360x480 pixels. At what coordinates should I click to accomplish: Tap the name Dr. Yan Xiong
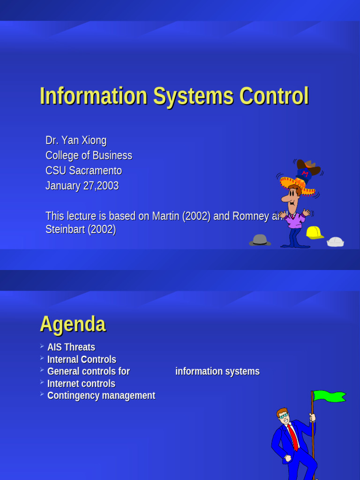pos(76,140)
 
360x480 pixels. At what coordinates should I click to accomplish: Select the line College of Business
pos(89,155)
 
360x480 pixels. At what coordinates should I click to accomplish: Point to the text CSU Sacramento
pos(83,171)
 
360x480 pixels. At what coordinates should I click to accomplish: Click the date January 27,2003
pos(82,186)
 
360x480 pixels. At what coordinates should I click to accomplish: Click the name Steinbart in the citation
pos(66,230)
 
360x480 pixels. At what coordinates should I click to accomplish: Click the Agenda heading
pos(73,324)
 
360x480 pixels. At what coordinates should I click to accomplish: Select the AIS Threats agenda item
pos(71,347)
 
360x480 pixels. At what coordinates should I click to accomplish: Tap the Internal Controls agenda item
pos(82,360)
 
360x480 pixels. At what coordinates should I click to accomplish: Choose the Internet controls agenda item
pos(81,383)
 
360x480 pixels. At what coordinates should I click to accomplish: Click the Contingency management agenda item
pos(101,396)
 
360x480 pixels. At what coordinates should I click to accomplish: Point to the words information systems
pos(217,371)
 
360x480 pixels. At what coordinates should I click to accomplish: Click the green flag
pos(329,397)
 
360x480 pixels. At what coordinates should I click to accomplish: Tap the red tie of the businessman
pos(293,435)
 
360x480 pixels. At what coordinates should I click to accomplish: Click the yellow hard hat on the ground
pos(315,232)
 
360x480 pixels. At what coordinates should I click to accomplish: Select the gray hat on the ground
pos(260,240)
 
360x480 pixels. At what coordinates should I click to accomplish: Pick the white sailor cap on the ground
pos(336,241)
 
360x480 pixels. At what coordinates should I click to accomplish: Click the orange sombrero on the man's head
pos(297,185)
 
